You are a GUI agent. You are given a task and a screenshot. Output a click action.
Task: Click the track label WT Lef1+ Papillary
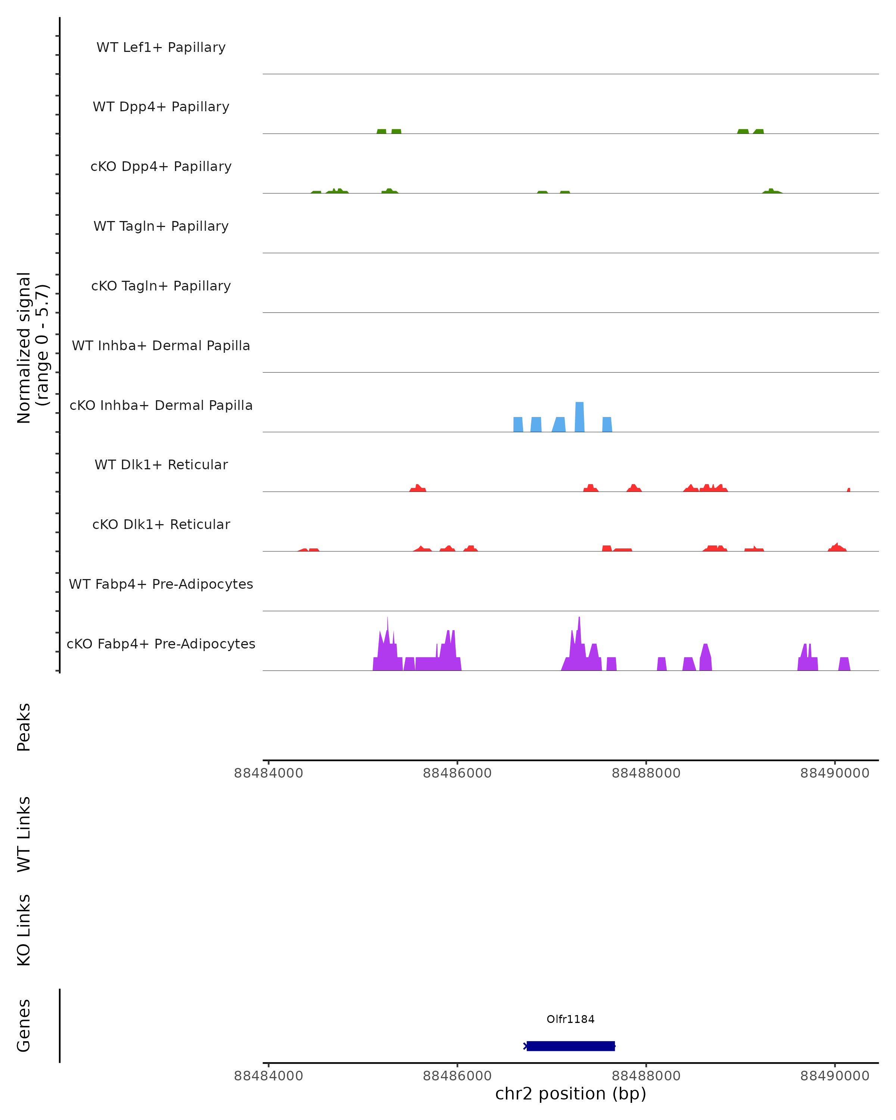pos(161,47)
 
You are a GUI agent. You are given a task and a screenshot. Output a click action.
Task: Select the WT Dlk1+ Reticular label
pos(161,464)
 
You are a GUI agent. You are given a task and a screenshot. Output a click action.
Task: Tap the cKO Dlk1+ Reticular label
pos(161,524)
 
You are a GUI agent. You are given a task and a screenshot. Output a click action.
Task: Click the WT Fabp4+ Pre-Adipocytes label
pos(161,584)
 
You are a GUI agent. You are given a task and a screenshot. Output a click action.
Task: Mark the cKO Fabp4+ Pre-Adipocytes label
pos(161,644)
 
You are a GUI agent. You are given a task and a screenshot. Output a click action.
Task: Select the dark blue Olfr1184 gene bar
pos(570,1046)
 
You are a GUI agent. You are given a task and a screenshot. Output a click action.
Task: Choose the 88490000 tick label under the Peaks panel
pos(835,773)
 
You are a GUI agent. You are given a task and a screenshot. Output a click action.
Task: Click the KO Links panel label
pos(24,930)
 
